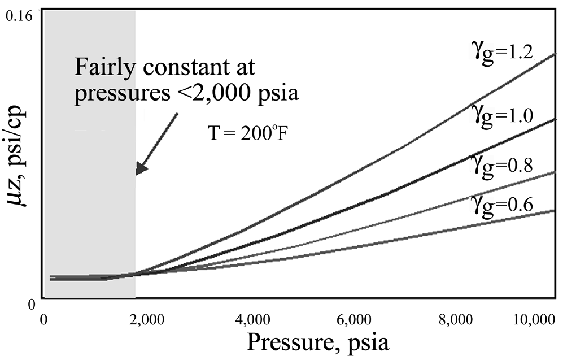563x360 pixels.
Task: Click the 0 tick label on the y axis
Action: point(31,305)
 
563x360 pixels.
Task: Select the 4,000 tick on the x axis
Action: point(250,320)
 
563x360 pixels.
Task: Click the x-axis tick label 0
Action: point(43,320)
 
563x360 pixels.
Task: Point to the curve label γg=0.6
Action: point(502,205)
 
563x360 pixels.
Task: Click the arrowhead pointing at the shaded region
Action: point(140,170)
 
